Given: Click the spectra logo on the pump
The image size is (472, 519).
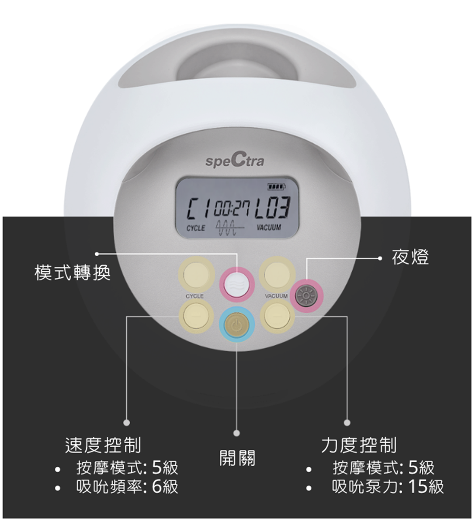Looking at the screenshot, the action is pyautogui.click(x=235, y=161).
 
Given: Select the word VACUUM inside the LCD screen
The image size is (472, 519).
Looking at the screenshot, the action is pyautogui.click(x=269, y=228).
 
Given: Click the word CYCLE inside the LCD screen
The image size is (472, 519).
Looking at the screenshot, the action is pyautogui.click(x=195, y=228).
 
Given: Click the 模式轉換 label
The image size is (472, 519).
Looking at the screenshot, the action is pyautogui.click(x=73, y=273).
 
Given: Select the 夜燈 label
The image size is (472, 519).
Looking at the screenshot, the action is pyautogui.click(x=410, y=257).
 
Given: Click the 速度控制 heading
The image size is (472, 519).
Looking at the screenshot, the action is pyautogui.click(x=103, y=445).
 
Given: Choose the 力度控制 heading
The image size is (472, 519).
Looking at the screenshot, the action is pyautogui.click(x=359, y=445).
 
